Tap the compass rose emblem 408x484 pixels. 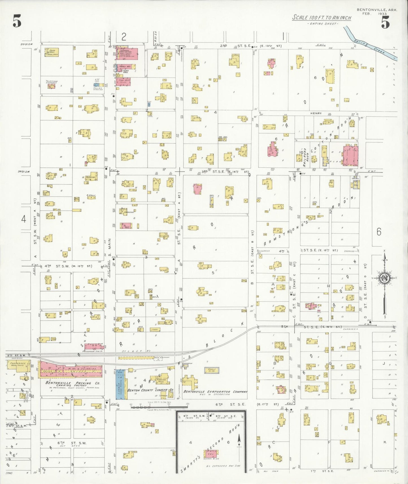384,278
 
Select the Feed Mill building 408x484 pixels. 51,52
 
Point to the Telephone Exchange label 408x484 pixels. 52,82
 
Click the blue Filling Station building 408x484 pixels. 97,84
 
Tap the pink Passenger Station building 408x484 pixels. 93,346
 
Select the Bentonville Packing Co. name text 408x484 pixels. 73,383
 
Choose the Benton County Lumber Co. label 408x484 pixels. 150,390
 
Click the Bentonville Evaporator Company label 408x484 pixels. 215,392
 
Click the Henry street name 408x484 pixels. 316,113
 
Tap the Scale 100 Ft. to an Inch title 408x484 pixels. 322,18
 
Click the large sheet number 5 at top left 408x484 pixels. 17,21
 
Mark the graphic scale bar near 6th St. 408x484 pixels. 158,407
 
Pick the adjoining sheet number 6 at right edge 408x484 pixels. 379,232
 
